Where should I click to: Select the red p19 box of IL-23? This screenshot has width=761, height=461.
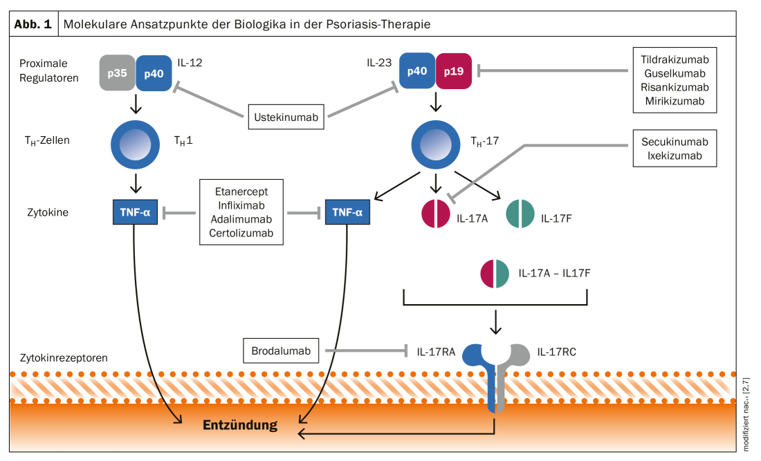tap(454, 71)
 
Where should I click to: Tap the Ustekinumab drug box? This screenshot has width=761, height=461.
tap(286, 117)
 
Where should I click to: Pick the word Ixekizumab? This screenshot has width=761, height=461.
tap(675, 156)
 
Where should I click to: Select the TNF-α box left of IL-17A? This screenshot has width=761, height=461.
tap(347, 213)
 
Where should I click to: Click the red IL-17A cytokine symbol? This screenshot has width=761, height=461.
tap(436, 214)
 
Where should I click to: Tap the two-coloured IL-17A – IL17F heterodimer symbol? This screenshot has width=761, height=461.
tap(495, 273)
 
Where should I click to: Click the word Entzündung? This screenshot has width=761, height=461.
tap(239, 425)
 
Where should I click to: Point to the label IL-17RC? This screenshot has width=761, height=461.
tap(556, 352)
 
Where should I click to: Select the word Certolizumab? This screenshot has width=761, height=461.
tap(241, 234)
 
